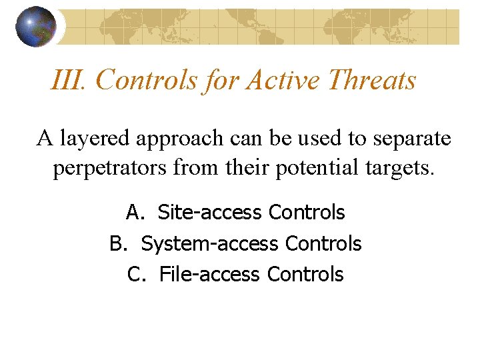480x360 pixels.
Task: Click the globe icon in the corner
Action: pos(36,27)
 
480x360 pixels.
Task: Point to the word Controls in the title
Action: pos(147,81)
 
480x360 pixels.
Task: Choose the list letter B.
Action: pos(119,244)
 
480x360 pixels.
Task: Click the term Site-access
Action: pos(209,213)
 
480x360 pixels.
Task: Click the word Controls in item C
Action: pos(305,274)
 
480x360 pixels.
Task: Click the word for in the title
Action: pos(222,81)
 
